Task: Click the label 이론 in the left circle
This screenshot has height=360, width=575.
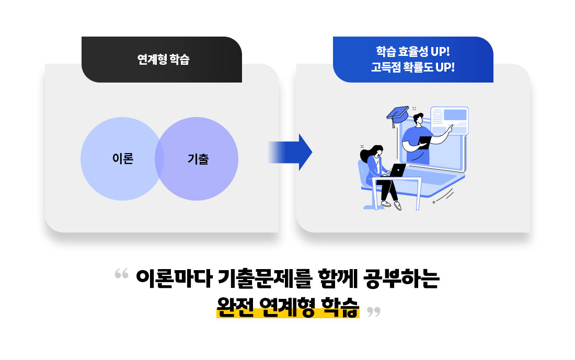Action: pos(123,159)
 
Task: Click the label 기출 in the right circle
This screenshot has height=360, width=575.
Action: pos(198,159)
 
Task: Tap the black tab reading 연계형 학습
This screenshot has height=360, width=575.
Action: pos(162,60)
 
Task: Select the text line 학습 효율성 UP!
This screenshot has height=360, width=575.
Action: pos(413,51)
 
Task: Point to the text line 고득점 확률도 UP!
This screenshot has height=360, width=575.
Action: pos(413,67)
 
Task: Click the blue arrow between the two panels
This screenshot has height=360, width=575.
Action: pos(290,152)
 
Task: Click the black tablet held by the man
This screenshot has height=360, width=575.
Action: pos(425,142)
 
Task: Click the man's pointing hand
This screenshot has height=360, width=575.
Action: pos(449,129)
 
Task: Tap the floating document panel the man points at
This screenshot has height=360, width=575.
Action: pos(450,121)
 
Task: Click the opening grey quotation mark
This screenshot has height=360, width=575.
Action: pos(121,273)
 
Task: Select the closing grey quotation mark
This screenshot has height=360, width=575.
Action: pos(374,312)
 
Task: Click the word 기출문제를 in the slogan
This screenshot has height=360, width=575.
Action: pos(264,278)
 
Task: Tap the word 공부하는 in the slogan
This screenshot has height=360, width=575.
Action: pos(401,278)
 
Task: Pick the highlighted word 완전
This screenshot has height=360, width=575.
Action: pos(235,307)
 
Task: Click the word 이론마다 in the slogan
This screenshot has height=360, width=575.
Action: pos(174,278)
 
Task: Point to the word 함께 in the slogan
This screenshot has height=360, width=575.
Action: pos(337,278)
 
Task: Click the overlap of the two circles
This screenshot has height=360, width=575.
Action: pos(159,159)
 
